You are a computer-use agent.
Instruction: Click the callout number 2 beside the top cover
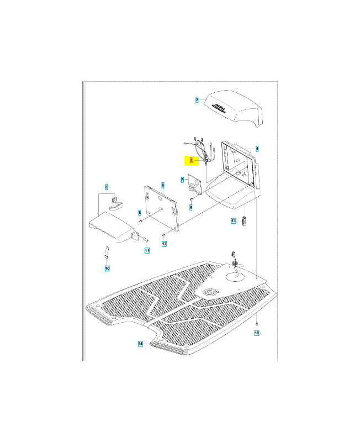(197, 100)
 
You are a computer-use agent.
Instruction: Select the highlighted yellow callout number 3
(191, 161)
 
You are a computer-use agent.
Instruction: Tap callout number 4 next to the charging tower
(257, 149)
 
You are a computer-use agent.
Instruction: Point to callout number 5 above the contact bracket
(106, 187)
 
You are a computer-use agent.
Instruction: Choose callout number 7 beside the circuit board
(182, 180)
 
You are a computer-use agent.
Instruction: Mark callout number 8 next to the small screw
(140, 213)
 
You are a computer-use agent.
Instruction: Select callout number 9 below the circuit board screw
(190, 207)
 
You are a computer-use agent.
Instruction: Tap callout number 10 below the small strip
(107, 269)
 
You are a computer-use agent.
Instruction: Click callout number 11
(147, 251)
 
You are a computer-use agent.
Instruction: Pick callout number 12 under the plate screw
(163, 244)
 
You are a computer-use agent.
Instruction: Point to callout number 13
(233, 221)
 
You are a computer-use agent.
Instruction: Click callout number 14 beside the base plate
(140, 344)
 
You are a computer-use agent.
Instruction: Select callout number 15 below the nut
(256, 333)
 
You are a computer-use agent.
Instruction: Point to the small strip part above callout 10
(107, 252)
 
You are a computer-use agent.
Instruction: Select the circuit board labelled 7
(195, 186)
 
